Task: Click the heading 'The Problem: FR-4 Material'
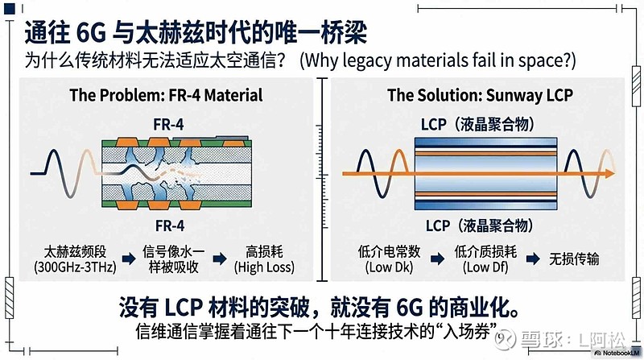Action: (166, 95)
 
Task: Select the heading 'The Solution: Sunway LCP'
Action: (480, 95)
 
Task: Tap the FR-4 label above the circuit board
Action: (168, 125)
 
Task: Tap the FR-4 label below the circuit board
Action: (170, 226)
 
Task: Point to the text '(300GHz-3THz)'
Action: (75, 267)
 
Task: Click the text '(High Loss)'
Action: (264, 267)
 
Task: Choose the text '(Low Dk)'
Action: (389, 267)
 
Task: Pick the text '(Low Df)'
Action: (485, 267)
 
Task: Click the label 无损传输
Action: (574, 259)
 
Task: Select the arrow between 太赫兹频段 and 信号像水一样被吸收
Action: (130, 259)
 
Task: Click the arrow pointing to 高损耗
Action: (220, 259)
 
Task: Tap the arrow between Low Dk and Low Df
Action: (438, 259)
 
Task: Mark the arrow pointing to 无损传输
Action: (533, 259)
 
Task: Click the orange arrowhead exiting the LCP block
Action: (609, 173)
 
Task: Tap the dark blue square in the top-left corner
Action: (10, 9)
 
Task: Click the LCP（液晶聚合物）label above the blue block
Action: (478, 124)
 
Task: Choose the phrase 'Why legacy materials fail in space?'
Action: (438, 61)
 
